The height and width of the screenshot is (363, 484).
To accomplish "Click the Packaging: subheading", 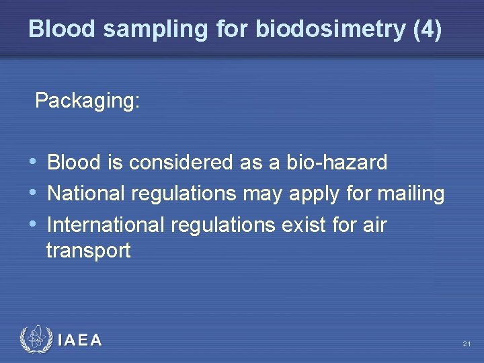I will [87, 101].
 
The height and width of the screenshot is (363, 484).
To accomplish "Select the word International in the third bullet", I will [107, 224].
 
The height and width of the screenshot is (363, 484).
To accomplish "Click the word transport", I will [88, 251].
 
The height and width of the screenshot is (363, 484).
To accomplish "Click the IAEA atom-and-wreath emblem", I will [34, 339].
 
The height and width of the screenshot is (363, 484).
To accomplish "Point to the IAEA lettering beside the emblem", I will [80, 340].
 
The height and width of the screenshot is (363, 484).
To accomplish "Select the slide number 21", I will [467, 344].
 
